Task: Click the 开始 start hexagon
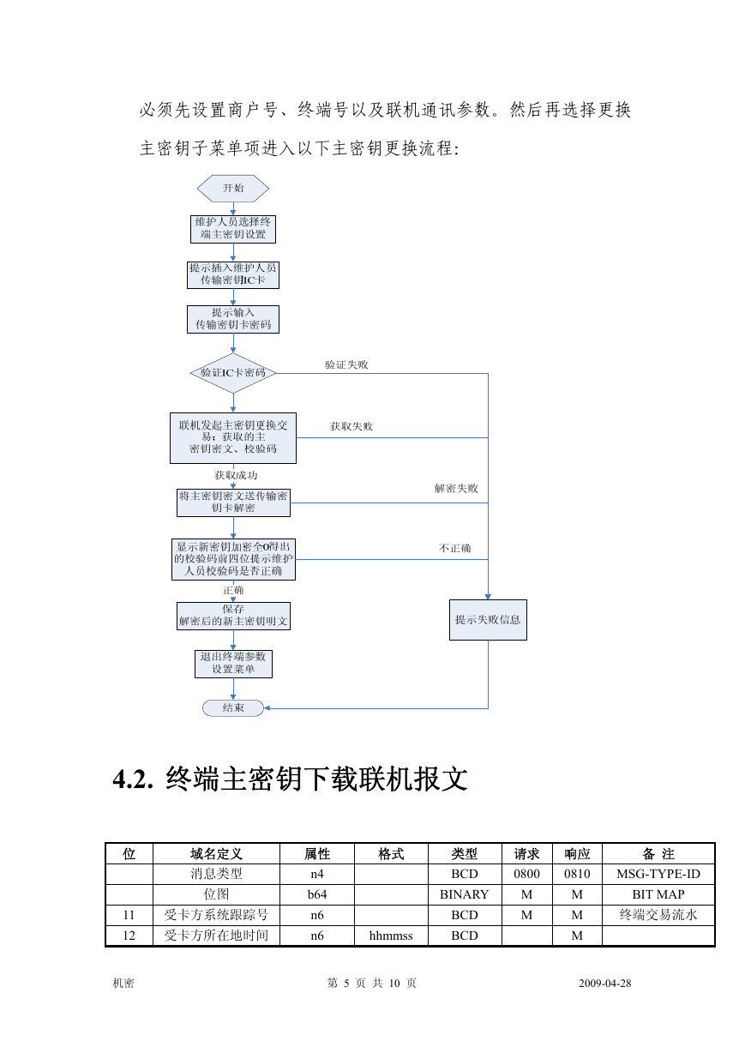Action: pyautogui.click(x=233, y=189)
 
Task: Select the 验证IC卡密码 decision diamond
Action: pyautogui.click(x=233, y=373)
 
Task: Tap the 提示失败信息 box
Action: pyautogui.click(x=488, y=620)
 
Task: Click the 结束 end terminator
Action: pyautogui.click(x=233, y=708)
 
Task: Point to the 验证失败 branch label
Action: pyautogui.click(x=346, y=364)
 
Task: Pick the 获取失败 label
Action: pyautogui.click(x=351, y=426)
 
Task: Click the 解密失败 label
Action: pyautogui.click(x=456, y=489)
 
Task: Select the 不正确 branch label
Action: pyautogui.click(x=454, y=548)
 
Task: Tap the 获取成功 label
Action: pyautogui.click(x=236, y=475)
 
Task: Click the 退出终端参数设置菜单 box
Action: pyautogui.click(x=233, y=664)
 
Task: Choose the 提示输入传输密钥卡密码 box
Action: pyautogui.click(x=233, y=319)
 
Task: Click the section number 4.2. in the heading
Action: pyautogui.click(x=133, y=779)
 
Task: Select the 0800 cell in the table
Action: pyautogui.click(x=526, y=874)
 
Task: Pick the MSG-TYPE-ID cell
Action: pyautogui.click(x=658, y=874)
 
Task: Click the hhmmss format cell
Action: pyautogui.click(x=391, y=936)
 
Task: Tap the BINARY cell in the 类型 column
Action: pyautogui.click(x=464, y=894)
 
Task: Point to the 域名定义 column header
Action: pyautogui.click(x=216, y=854)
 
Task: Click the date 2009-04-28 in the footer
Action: pyautogui.click(x=605, y=983)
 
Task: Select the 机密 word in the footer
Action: pyautogui.click(x=123, y=983)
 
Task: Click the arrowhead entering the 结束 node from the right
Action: pyautogui.click(x=267, y=708)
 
